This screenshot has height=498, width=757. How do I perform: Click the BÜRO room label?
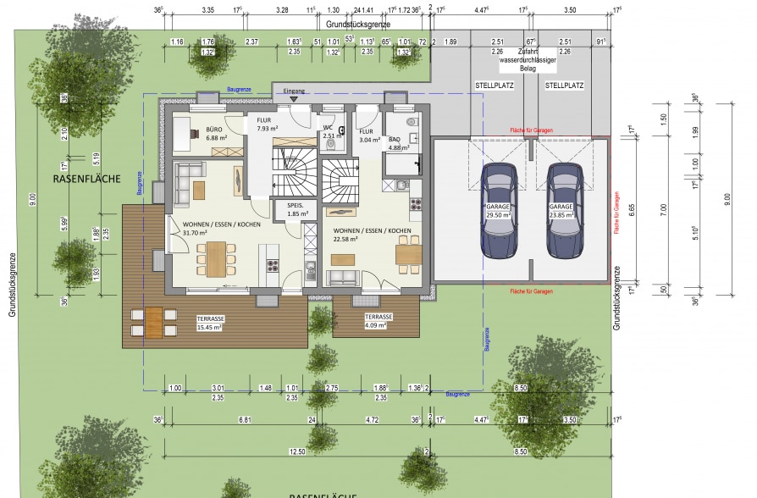point(213,130)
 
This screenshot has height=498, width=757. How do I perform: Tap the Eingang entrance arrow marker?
point(294,98)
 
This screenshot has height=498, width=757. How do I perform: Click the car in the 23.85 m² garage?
point(564,210)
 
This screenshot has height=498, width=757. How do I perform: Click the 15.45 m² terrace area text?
point(208,326)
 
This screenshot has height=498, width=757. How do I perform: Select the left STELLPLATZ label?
point(495,86)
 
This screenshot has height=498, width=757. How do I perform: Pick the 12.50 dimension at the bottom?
point(296,452)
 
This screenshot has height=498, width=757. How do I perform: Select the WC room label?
point(327,128)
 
